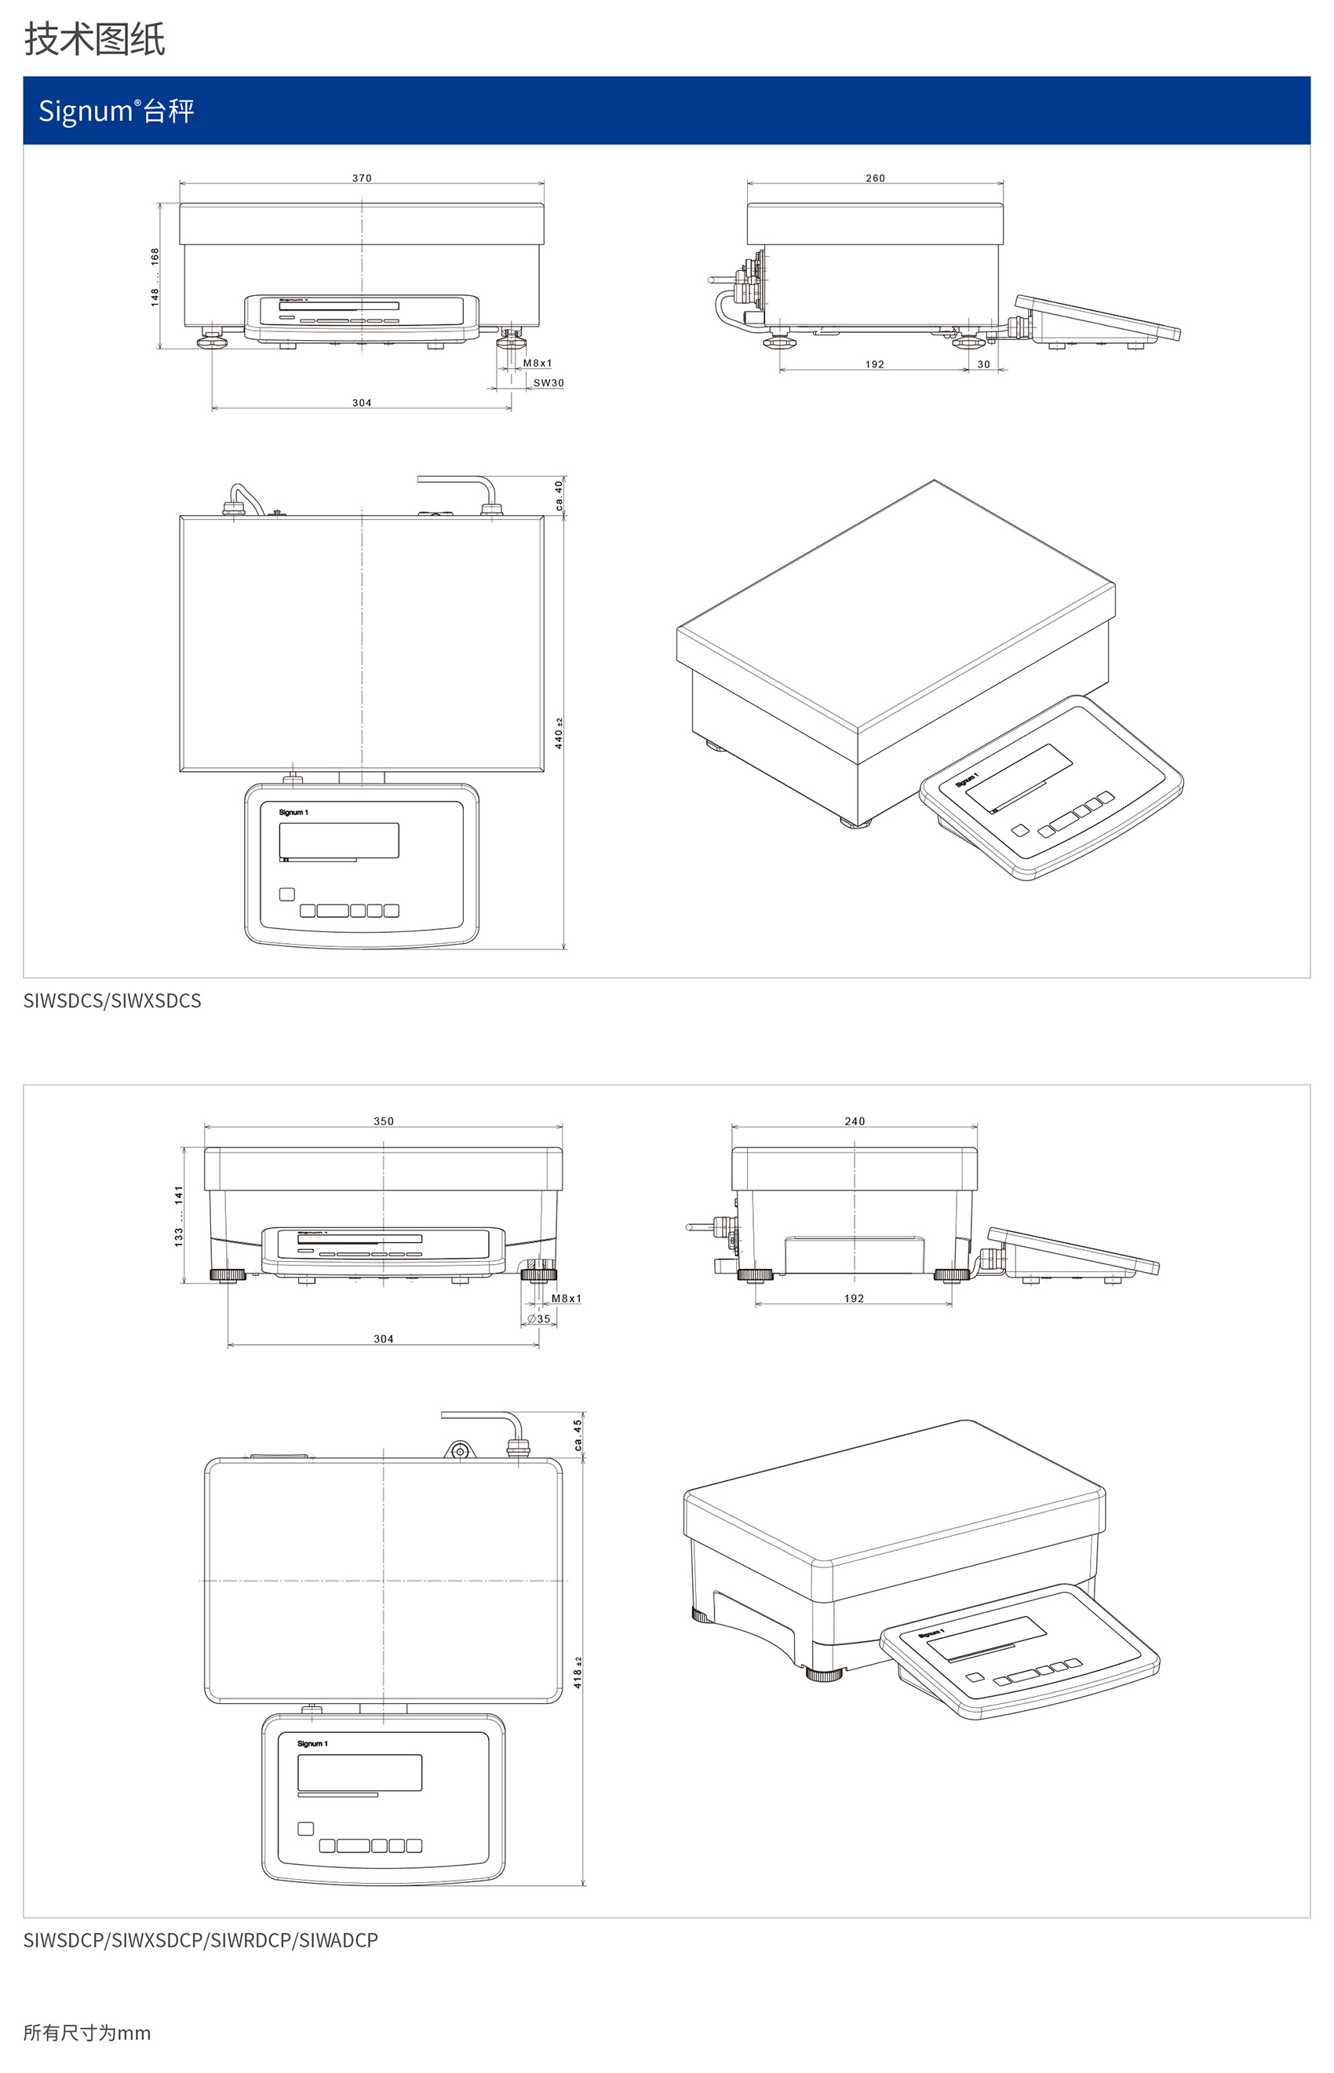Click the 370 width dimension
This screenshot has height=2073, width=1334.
[361, 178]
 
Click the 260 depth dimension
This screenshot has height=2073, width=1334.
[875, 178]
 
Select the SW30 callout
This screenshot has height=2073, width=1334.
[549, 383]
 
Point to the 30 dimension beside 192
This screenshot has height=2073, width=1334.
[983, 365]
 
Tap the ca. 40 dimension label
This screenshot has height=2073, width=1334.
[559, 495]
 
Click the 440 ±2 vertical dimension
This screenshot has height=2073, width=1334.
[559, 734]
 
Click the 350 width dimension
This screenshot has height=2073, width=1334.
[383, 1121]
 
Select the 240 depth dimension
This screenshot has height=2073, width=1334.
[854, 1121]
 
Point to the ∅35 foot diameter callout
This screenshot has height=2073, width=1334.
[539, 1319]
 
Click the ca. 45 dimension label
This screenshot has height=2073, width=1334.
[578, 1435]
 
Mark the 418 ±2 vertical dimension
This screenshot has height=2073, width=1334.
[578, 1673]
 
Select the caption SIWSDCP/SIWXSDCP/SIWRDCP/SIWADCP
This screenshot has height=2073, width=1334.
[200, 1940]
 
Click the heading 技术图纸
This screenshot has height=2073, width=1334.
[93, 40]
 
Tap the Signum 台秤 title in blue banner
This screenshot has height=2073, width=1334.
[116, 112]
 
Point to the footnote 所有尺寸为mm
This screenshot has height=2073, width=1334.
[86, 2033]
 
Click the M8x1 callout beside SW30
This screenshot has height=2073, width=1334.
[537, 363]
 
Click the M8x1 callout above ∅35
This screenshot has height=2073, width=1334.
[567, 1298]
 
